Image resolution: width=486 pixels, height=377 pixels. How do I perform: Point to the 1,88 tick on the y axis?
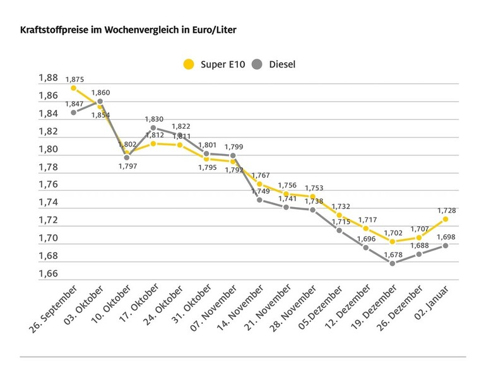coord(47,78)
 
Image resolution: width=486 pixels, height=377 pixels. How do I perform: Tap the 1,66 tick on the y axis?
coord(47,274)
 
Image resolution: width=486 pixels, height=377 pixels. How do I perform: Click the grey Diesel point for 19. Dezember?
coord(393,263)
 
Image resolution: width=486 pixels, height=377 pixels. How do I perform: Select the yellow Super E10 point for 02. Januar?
coord(446,218)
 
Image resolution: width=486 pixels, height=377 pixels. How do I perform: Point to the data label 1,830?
coord(154,119)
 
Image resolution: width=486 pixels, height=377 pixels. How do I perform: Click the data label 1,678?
coord(392,254)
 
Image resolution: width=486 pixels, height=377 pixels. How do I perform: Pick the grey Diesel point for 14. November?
coord(259,200)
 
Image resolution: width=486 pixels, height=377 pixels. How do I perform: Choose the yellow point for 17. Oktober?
coord(153,143)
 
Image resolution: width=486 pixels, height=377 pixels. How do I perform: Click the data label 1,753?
coord(314,188)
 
